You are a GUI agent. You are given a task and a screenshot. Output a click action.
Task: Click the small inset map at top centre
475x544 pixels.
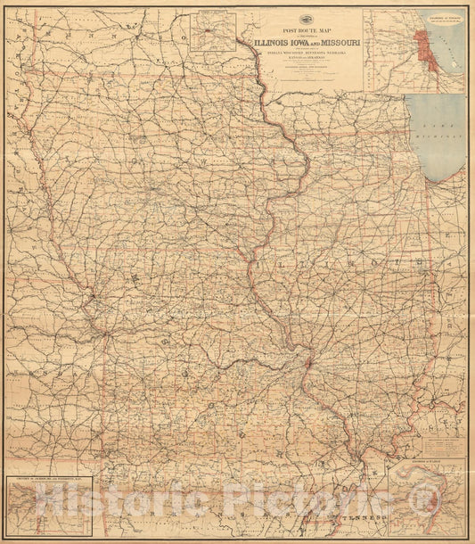pyautogui.click(x=212, y=31)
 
